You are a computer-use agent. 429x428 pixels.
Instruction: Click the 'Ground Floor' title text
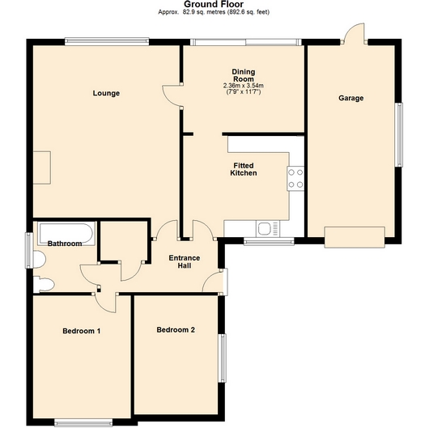pyautogui.click(x=214, y=5)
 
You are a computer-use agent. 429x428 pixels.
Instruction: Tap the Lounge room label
pyautogui.click(x=106, y=93)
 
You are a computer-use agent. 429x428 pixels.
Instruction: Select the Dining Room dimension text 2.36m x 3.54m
pyautogui.click(x=243, y=86)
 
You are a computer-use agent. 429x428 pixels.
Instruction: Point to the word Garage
pyautogui.click(x=350, y=98)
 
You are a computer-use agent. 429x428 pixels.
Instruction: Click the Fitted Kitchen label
pyautogui.click(x=243, y=169)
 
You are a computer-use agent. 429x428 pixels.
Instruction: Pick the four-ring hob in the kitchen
pyautogui.click(x=295, y=177)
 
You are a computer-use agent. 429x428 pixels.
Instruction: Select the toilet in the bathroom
pyautogui.click(x=45, y=283)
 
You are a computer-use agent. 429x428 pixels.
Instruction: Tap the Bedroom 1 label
pyautogui.click(x=82, y=330)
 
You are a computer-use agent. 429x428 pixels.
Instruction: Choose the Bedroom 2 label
pyautogui.click(x=176, y=329)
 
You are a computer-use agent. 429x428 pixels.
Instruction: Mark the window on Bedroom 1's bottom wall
pyautogui.click(x=83, y=420)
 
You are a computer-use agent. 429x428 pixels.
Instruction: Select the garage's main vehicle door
pyautogui.click(x=355, y=237)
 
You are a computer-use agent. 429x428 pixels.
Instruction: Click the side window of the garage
pyautogui.click(x=397, y=134)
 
